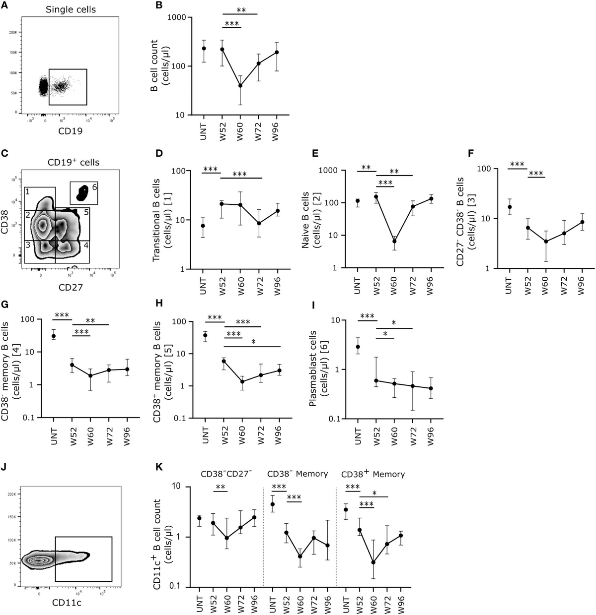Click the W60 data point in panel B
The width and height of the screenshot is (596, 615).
(x=241, y=86)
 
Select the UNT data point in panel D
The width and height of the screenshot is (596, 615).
(x=203, y=226)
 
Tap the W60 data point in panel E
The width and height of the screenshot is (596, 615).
(x=394, y=242)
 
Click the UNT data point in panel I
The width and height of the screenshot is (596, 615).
(x=358, y=347)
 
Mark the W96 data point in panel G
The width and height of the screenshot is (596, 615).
(x=127, y=369)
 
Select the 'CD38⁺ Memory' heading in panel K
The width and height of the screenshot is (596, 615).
(x=373, y=474)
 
